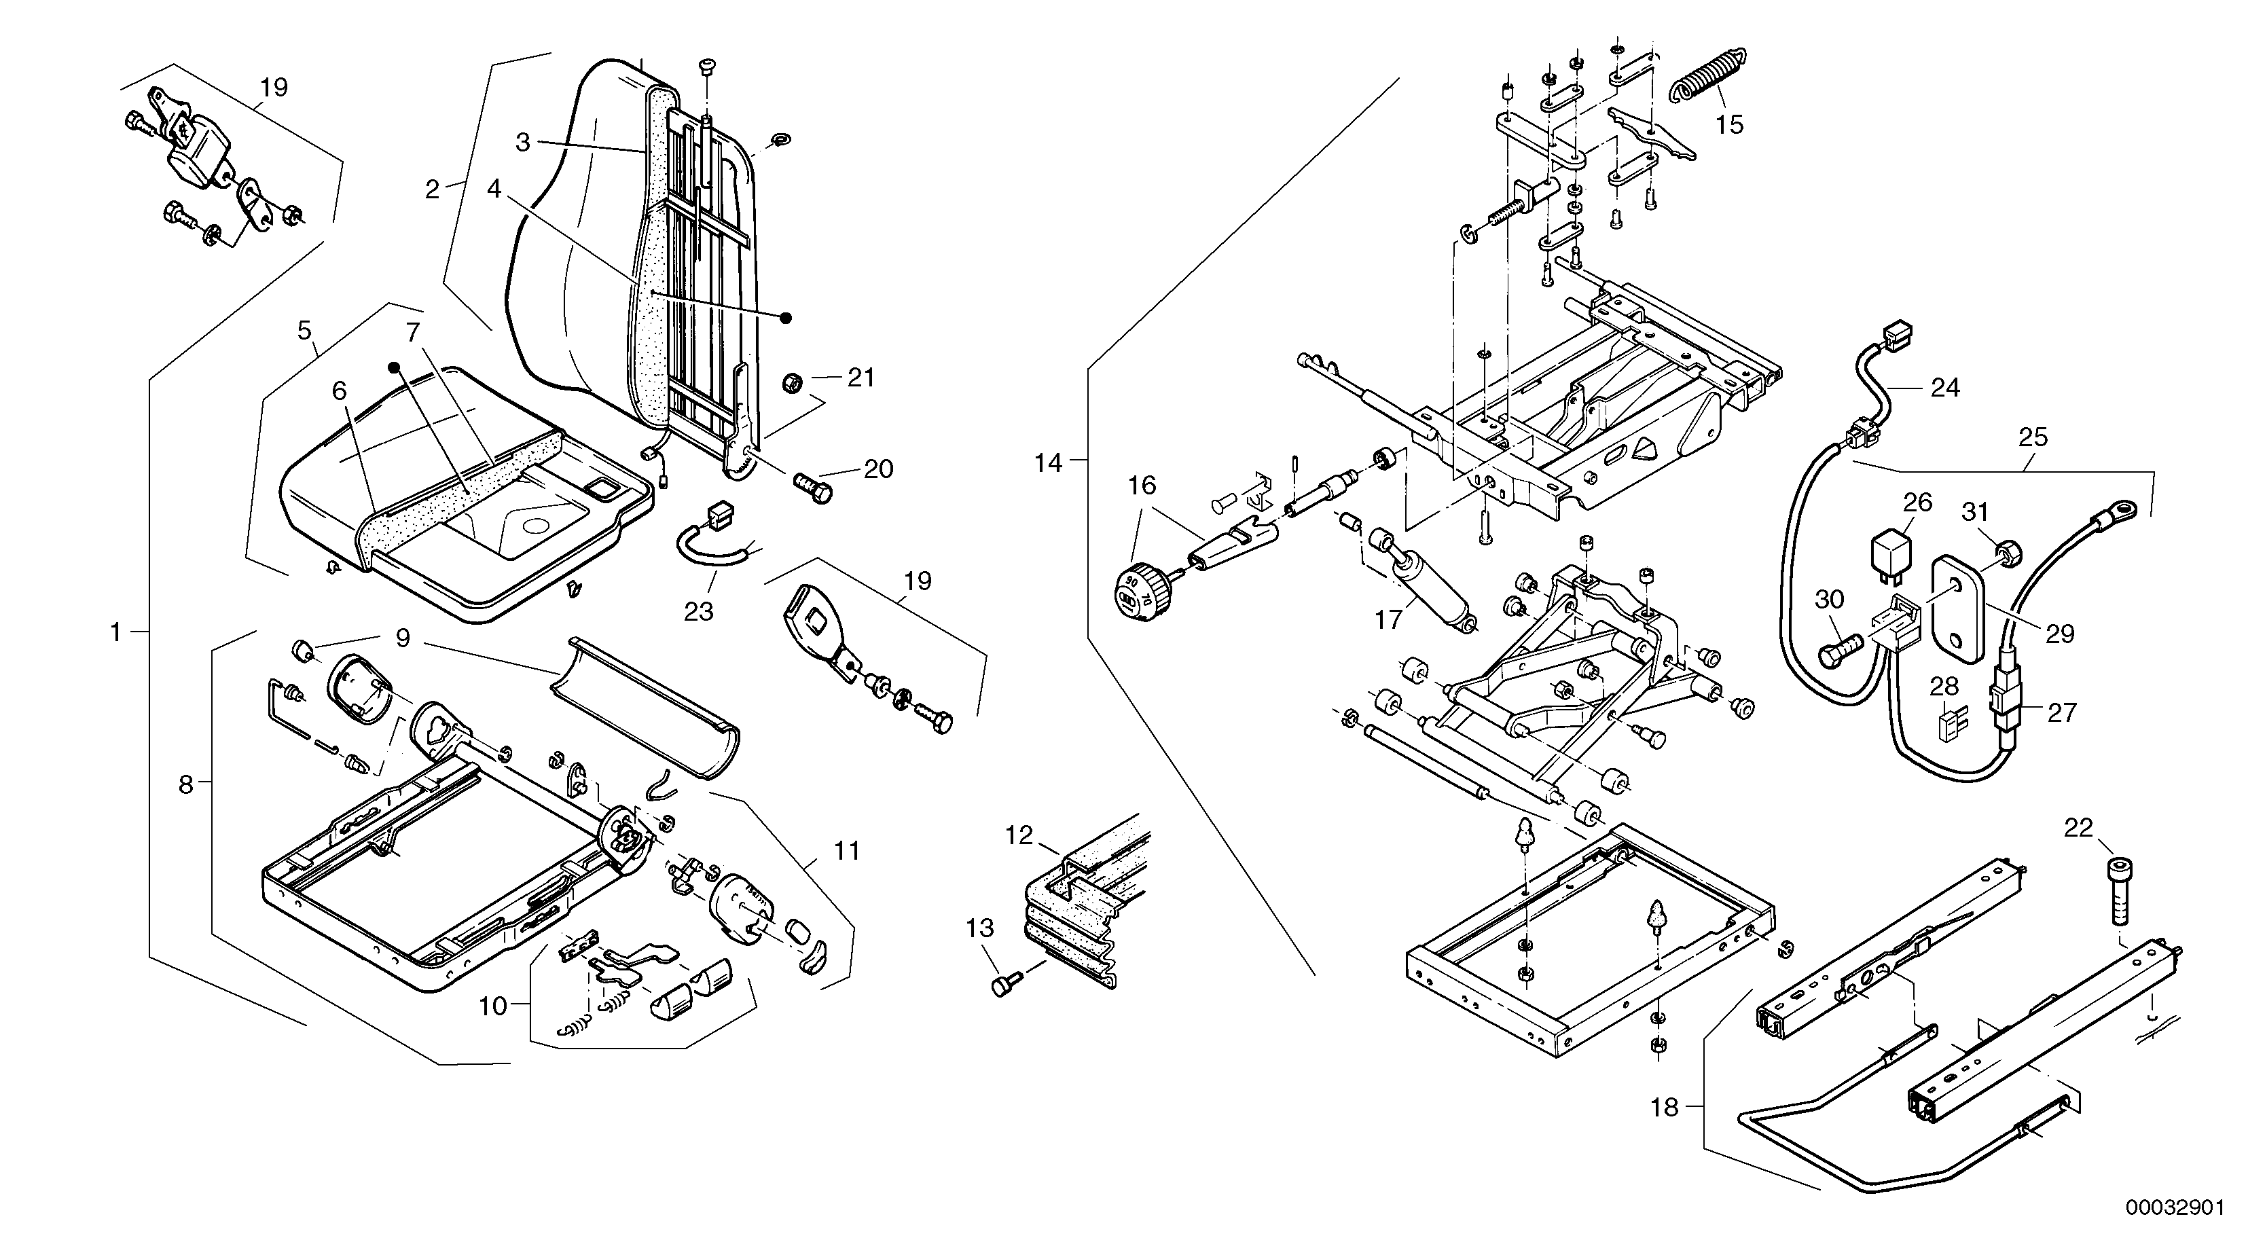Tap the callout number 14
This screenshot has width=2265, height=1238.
[1048, 463]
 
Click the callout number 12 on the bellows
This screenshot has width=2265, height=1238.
[1019, 835]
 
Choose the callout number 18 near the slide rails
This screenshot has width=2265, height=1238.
[1665, 1107]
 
